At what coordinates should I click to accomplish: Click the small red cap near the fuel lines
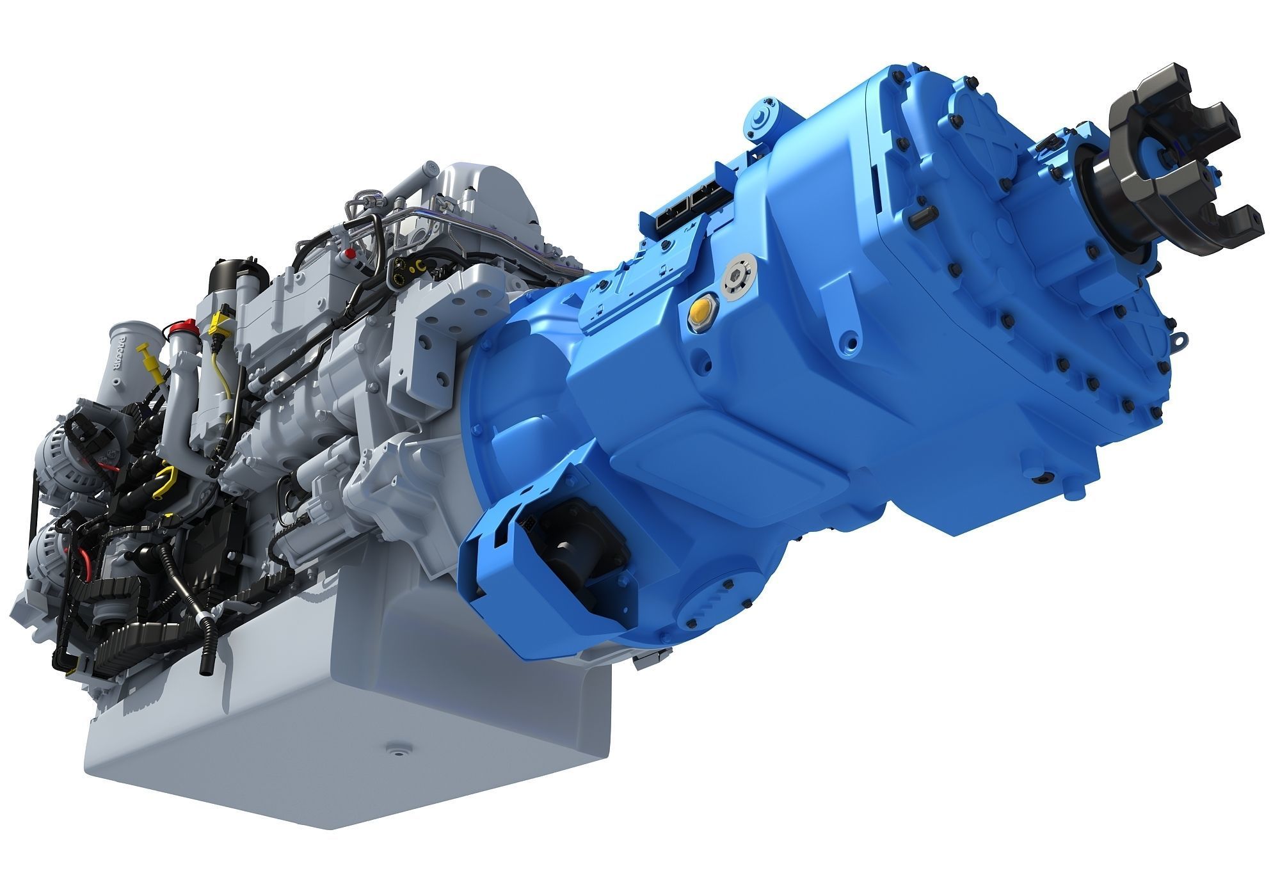click(x=349, y=254)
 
